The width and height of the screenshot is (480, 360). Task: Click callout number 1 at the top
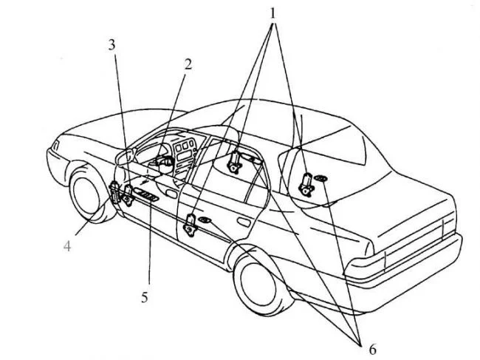[274, 13]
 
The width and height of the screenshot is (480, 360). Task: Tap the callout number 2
[188, 64]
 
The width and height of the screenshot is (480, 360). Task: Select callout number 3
[112, 44]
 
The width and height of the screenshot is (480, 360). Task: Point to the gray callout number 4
[67, 246]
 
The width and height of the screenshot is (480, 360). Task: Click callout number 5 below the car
[145, 298]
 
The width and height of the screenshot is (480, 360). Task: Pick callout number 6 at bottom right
[372, 348]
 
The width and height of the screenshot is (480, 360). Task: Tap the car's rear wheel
[258, 281]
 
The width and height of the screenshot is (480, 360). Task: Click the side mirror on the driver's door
[123, 156]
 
